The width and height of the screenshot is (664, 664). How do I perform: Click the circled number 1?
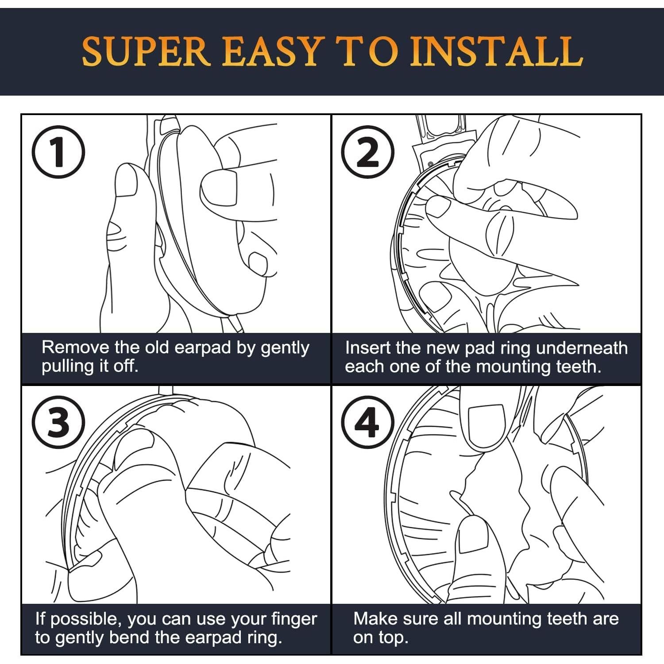[x=58, y=152]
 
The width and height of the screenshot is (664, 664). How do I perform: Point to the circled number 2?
[x=368, y=152]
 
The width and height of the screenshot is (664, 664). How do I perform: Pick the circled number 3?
[x=58, y=422]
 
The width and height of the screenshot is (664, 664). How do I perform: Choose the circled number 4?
[x=368, y=422]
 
